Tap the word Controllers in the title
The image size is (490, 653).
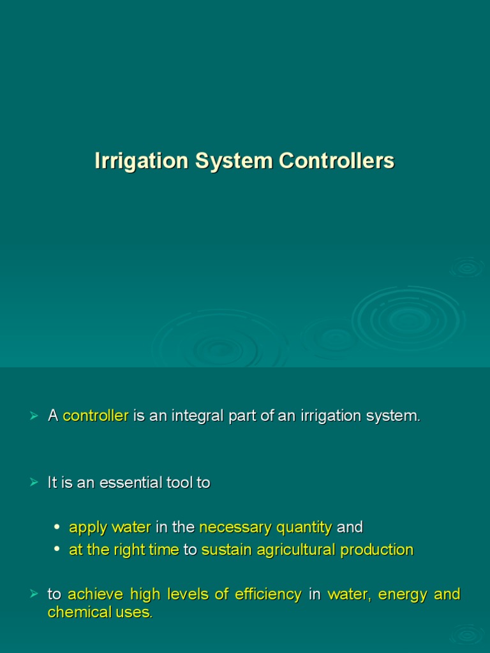pyautogui.click(x=336, y=161)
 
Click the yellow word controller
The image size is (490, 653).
pyautogui.click(x=96, y=416)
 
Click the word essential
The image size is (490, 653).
pyautogui.click(x=136, y=483)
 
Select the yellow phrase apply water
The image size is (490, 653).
pyautogui.click(x=110, y=527)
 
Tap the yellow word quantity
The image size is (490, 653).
pyautogui.click(x=304, y=528)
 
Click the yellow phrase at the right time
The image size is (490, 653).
pyautogui.click(x=124, y=550)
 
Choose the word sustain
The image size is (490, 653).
pyautogui.click(x=224, y=550)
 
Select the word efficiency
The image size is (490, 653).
pyautogui.click(x=268, y=594)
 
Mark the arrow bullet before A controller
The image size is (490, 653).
pyautogui.click(x=34, y=416)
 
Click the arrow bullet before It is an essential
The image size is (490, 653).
pyautogui.click(x=34, y=483)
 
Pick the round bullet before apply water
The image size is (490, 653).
pyautogui.click(x=57, y=527)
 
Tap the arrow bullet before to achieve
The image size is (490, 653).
pyautogui.click(x=34, y=594)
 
